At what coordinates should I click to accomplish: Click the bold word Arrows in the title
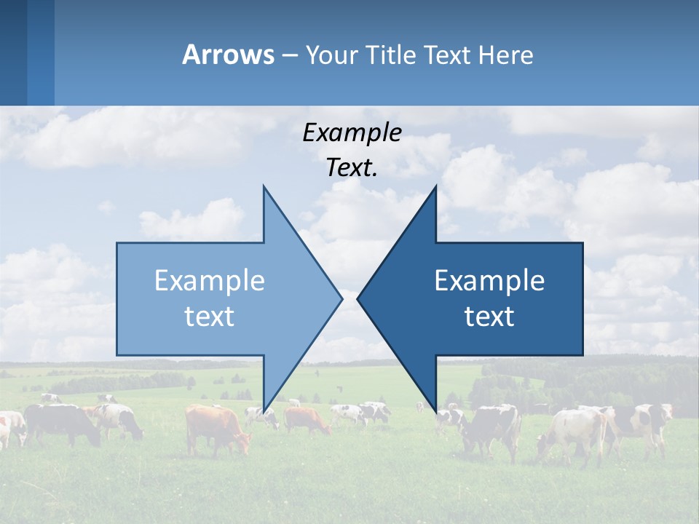[228, 55]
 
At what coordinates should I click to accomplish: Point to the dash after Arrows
[289, 55]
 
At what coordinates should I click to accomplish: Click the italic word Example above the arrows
[352, 133]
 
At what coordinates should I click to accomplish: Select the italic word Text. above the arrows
[352, 167]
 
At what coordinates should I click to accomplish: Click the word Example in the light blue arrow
[210, 281]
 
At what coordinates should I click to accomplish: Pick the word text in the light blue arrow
[210, 317]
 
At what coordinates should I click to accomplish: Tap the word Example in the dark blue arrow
[489, 281]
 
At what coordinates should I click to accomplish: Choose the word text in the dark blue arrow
[489, 317]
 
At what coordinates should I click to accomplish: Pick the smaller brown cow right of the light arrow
[306, 419]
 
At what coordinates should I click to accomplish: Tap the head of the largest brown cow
[242, 442]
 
